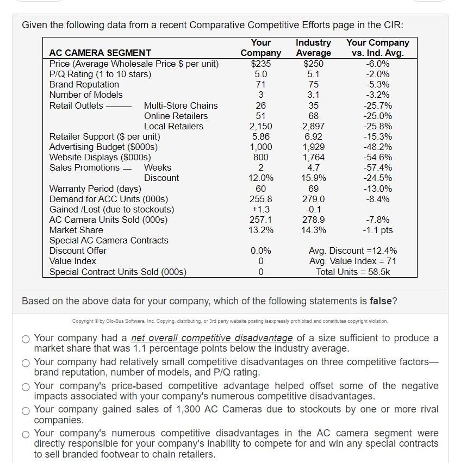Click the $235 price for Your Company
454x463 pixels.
point(260,64)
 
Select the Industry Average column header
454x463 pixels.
point(313,47)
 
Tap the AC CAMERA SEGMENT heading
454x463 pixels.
point(100,53)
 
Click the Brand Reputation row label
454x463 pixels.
point(84,84)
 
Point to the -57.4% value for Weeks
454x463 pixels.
point(377,167)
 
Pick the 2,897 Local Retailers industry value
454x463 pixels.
point(313,126)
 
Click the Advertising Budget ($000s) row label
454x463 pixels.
point(103,147)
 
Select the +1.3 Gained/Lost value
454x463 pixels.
point(260,209)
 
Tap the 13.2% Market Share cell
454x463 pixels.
point(260,230)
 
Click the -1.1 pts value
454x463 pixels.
point(377,230)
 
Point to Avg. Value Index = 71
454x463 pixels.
point(352,261)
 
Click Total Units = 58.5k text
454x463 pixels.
point(352,272)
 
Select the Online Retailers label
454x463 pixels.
point(176,116)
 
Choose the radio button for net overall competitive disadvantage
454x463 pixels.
point(26,339)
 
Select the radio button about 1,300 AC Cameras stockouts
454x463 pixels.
point(26,410)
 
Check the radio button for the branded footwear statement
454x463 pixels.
point(26,434)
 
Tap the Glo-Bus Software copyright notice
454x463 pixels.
point(230,321)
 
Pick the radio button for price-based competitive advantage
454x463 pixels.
point(26,386)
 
